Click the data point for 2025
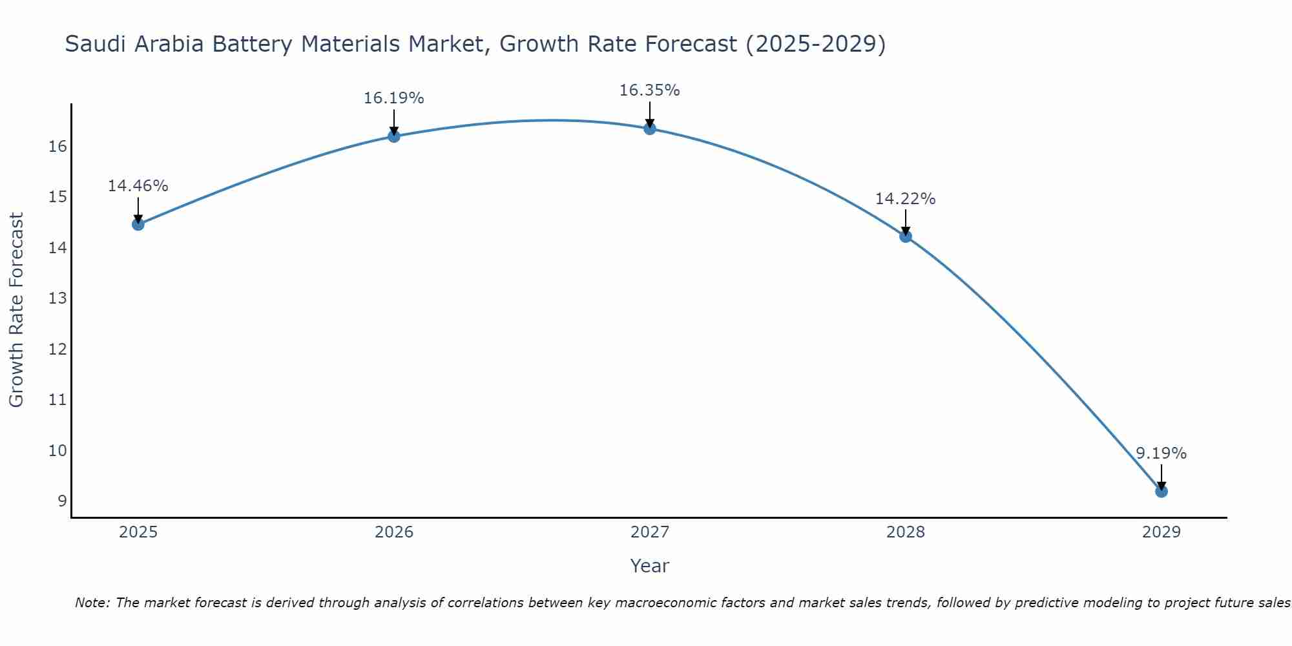pyautogui.click(x=138, y=224)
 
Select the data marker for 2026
pyautogui.click(x=393, y=136)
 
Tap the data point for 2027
pyautogui.click(x=649, y=129)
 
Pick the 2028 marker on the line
pyautogui.click(x=905, y=236)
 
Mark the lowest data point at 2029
pyautogui.click(x=1161, y=492)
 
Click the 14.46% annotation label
pyautogui.click(x=138, y=186)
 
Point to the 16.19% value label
pyautogui.click(x=393, y=98)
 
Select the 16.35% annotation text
pyautogui.click(x=649, y=90)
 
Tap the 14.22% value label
pyautogui.click(x=905, y=199)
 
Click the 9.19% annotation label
pyautogui.click(x=1161, y=453)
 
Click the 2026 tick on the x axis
pyautogui.click(x=394, y=532)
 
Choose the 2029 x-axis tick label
pyautogui.click(x=1161, y=532)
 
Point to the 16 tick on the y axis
pyautogui.click(x=57, y=147)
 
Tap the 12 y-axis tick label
pyautogui.click(x=57, y=349)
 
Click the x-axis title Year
pyautogui.click(x=649, y=566)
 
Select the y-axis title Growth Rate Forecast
pyautogui.click(x=16, y=310)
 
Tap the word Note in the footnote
pyautogui.click(x=92, y=603)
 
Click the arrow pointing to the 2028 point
pyautogui.click(x=905, y=222)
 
